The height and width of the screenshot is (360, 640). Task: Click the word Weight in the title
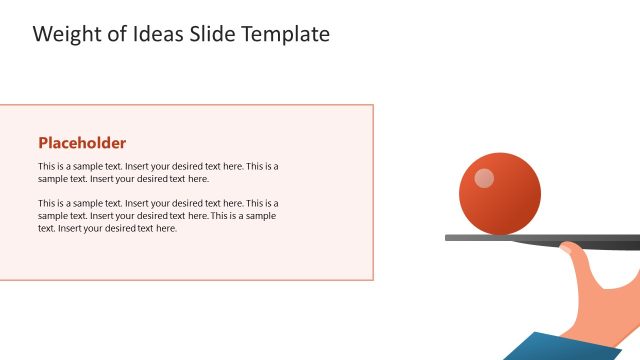coord(65,34)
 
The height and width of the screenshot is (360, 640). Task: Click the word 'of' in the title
coord(115,34)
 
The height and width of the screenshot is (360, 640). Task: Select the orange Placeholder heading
coord(82,142)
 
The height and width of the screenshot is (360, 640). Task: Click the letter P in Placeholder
coord(43,142)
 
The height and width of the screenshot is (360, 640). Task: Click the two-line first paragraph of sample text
coord(158,172)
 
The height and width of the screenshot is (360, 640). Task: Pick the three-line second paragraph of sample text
coord(158,215)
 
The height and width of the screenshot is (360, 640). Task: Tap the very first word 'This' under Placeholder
coord(47,166)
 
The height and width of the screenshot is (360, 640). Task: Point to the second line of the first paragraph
coord(123,179)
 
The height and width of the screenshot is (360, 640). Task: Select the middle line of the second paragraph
coord(157,215)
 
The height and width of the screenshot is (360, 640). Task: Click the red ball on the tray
coord(500,195)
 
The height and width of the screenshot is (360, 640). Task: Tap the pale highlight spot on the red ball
coord(484,178)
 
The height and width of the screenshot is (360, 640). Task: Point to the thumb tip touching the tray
coord(566,247)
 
